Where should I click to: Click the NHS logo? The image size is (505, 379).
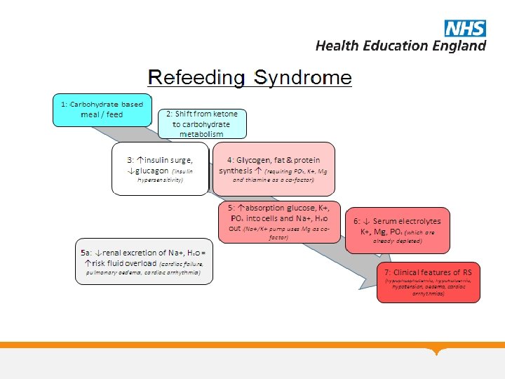coord(464,28)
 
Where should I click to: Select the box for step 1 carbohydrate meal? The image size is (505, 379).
coord(102,109)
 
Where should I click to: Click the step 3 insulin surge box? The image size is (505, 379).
coord(161,168)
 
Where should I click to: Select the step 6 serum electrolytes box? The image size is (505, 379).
coord(398,230)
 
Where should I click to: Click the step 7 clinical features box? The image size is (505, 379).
coord(429,282)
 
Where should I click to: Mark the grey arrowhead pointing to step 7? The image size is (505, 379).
coord(365,279)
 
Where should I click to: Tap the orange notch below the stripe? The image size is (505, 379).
coord(438,350)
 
